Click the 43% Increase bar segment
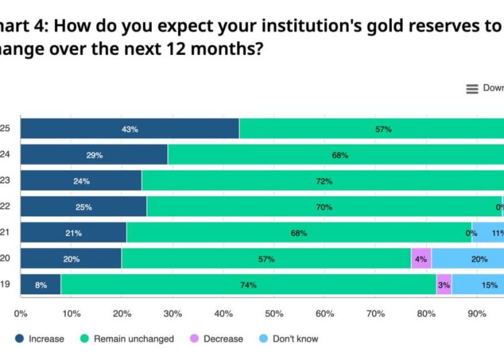tap(130, 129)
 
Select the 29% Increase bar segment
tap(94, 155)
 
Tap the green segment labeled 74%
tap(249, 285)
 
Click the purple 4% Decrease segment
tap(421, 259)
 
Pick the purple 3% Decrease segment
tap(444, 285)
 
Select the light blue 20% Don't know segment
tap(478, 259)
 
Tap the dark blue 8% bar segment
tap(41, 285)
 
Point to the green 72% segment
tap(323, 181)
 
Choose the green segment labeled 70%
tap(324, 207)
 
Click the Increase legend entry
tap(40, 339)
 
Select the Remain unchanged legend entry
tap(127, 339)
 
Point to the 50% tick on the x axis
tap(274, 314)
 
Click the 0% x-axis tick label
tap(21, 314)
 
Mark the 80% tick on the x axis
tap(426, 314)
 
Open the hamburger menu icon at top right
tap(472, 89)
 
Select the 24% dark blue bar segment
tap(81, 181)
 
